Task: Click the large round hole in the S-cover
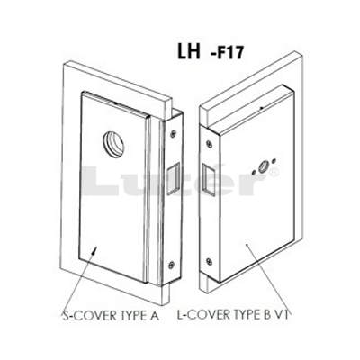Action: coord(113,142)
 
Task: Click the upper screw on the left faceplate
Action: coord(173,134)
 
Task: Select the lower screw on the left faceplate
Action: coord(171,265)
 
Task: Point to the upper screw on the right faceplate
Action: coord(209,143)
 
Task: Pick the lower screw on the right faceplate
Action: coord(209,261)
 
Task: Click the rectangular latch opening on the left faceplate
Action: coord(174,179)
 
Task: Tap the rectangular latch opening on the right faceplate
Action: coord(209,178)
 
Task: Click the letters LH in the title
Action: coord(189,52)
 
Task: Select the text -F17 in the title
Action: coord(227,54)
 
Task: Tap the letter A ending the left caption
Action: coord(155,316)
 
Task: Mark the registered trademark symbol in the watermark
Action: coord(274,173)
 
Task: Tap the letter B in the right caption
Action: coord(267,315)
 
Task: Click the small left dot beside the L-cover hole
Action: coord(254,173)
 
